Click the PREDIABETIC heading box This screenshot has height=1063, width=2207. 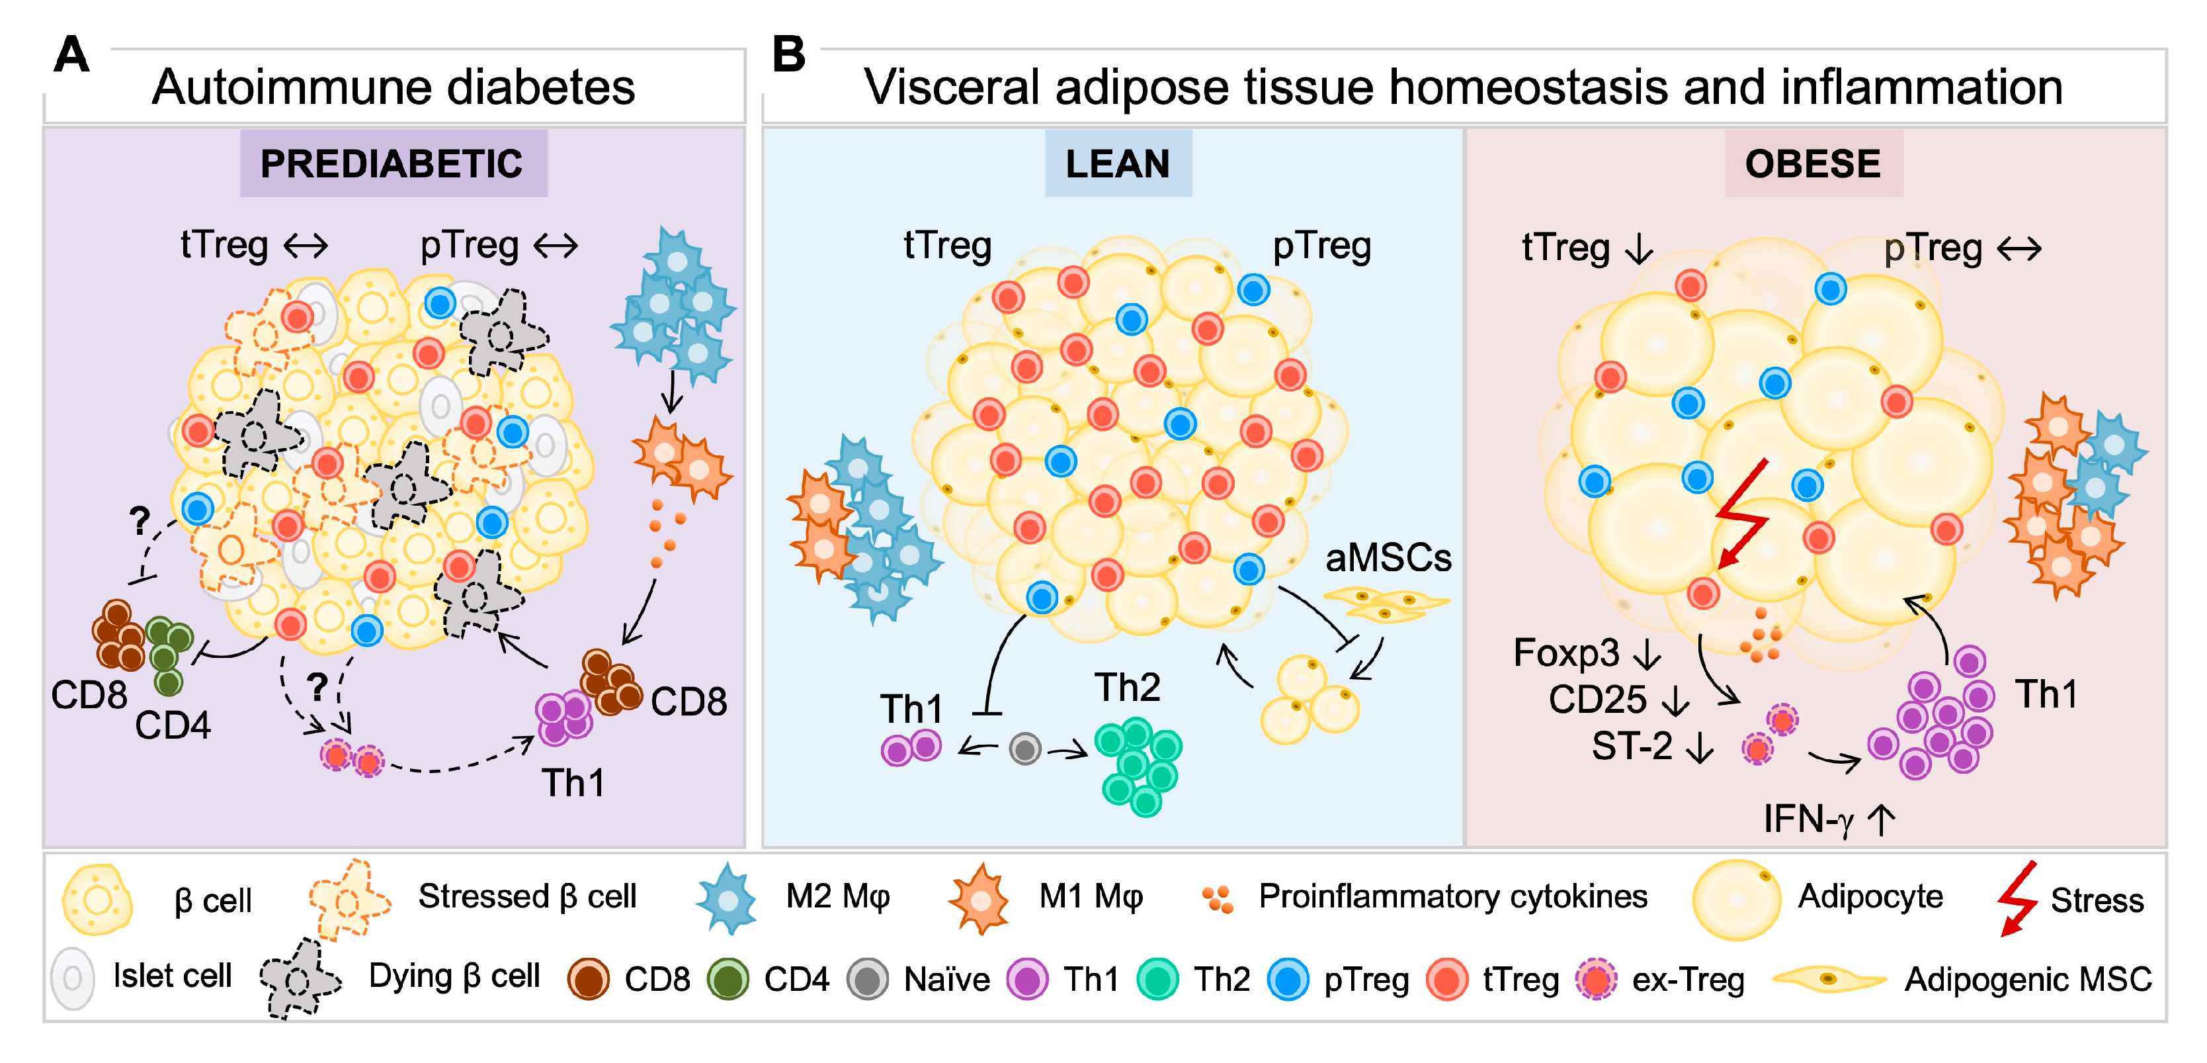click(x=394, y=163)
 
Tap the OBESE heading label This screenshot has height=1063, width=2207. click(x=1813, y=163)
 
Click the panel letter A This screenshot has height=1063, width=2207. click(x=71, y=56)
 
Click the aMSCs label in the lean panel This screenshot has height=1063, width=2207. click(x=1388, y=558)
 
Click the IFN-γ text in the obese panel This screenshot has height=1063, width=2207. click(x=1808, y=819)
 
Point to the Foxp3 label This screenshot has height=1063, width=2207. click(x=1566, y=653)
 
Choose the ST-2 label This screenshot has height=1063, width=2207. click(x=1631, y=746)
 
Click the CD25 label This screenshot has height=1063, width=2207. click(x=1597, y=699)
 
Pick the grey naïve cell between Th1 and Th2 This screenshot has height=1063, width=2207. click(x=1024, y=749)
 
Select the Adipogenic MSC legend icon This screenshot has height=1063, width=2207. click(x=1828, y=978)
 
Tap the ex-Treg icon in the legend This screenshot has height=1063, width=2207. click(x=1595, y=979)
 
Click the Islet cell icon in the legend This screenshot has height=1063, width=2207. click(x=73, y=977)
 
